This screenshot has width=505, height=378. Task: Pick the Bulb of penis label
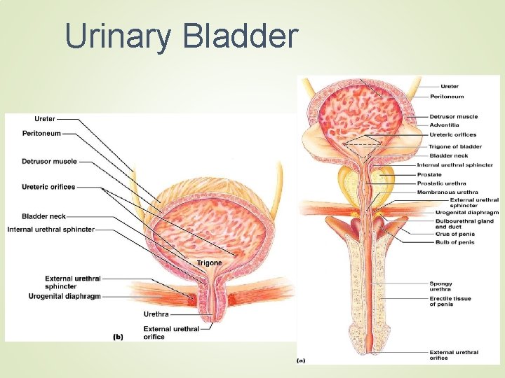pos(454,242)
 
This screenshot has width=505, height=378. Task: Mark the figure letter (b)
pos(118,337)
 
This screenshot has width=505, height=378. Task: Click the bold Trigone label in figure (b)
pos(209,263)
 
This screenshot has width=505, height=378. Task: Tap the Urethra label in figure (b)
pos(156,314)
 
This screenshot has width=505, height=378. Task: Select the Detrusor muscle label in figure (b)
pos(49,162)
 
